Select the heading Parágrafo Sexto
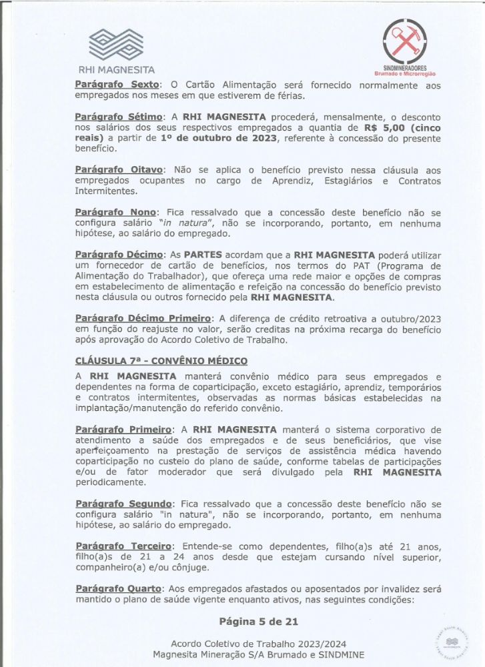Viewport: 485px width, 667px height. coord(117,85)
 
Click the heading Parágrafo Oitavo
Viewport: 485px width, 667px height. coord(118,170)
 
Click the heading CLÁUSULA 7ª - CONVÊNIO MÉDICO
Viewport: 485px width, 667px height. coord(157,361)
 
